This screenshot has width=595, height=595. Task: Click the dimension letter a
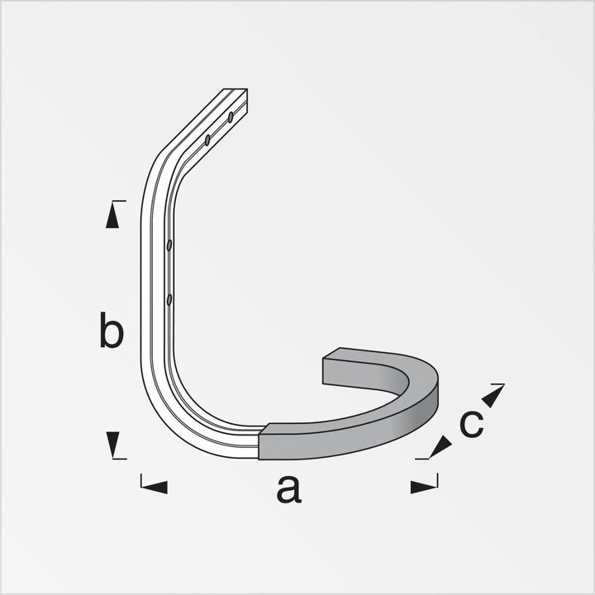coord(289,489)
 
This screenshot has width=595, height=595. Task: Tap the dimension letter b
coord(112,331)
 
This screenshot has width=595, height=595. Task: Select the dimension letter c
coord(471,424)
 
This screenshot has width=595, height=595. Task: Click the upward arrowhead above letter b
coord(112,217)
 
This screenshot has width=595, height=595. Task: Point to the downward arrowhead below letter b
coord(113,444)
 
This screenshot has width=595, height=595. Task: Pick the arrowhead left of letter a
coord(155,487)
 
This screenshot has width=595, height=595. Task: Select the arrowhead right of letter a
coord(422,487)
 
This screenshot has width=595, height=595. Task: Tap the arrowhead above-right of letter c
coord(492,397)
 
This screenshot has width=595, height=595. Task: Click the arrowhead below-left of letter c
coord(440,447)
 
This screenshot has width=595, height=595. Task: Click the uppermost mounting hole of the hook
coord(231,117)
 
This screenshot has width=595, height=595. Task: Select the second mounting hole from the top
coord(207,140)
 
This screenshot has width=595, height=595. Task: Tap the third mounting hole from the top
coord(169,245)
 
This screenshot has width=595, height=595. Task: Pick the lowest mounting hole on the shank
coord(169,299)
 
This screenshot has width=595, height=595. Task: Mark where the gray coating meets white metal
coord(260,442)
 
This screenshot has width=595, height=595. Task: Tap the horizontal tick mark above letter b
coord(118,201)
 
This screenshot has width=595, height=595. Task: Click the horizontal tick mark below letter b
coord(118,459)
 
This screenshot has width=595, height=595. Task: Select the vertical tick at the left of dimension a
coord(141,481)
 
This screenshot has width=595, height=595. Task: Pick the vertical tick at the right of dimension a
coord(436,481)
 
